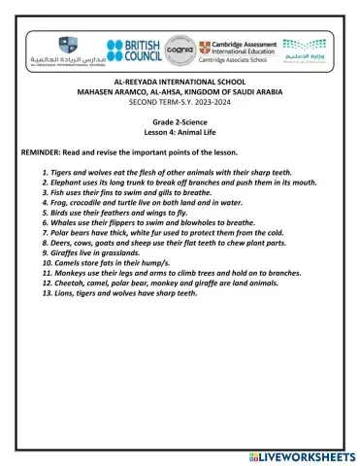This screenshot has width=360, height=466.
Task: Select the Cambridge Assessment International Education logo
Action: click(x=236, y=52)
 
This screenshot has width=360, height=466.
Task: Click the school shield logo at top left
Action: click(x=66, y=44)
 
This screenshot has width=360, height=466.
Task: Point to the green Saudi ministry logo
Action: click(x=307, y=50)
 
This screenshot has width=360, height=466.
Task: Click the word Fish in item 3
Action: click(x=61, y=192)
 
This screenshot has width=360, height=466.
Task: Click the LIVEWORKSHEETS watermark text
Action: click(x=301, y=455)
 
